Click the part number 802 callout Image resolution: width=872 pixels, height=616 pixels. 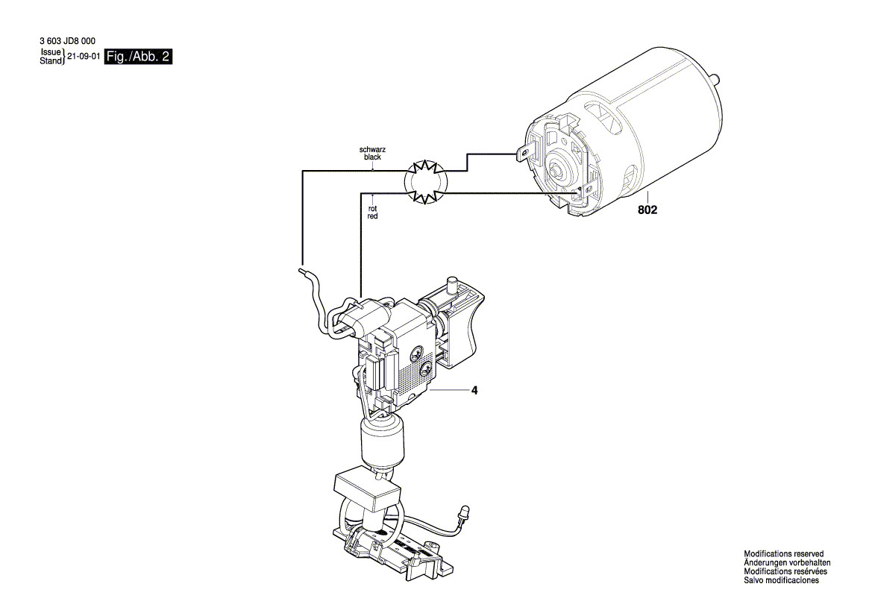click(647, 210)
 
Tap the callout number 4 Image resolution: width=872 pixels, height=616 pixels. click(474, 391)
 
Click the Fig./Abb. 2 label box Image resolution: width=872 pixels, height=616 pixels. click(139, 56)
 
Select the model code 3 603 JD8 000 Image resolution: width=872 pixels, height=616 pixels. click(67, 41)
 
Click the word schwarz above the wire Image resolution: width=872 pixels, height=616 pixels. click(373, 150)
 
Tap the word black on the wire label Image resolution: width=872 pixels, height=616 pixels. click(373, 157)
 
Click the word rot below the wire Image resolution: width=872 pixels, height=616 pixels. click(373, 209)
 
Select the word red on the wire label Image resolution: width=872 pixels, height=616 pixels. click(373, 216)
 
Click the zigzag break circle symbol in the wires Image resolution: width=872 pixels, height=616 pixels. click(425, 181)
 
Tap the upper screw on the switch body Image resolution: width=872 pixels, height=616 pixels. click(417, 352)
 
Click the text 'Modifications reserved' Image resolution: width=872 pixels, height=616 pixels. click(783, 554)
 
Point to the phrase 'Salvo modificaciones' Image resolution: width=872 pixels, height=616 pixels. click(781, 580)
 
